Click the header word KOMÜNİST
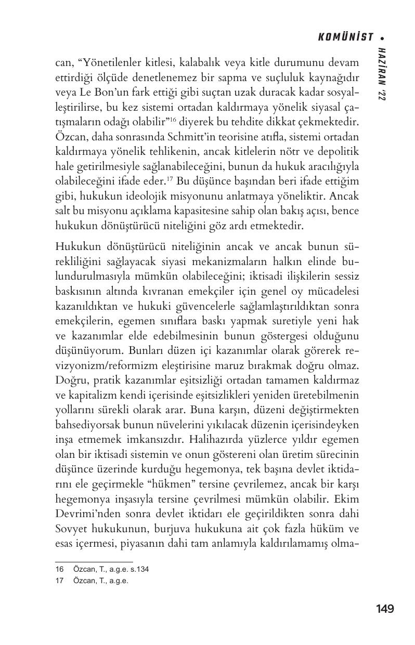(345, 37)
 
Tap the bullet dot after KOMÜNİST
(382, 38)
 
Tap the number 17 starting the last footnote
(59, 581)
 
